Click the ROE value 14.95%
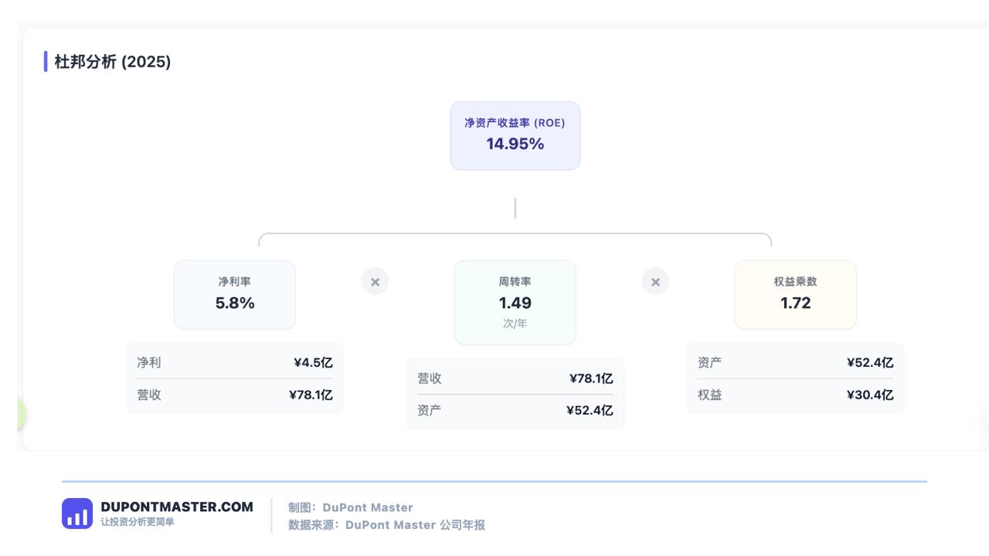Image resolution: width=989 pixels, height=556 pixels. coord(515,144)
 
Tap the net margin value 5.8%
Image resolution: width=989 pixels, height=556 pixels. coord(234,303)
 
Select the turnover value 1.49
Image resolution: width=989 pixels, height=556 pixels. coord(515,303)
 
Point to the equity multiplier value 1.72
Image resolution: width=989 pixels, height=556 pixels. coord(795,303)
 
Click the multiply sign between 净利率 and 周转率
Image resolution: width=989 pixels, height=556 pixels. coord(375,282)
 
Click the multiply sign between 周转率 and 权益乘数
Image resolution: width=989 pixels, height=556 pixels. coord(655,282)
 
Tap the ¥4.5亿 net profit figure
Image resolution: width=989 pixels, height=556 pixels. coord(313,363)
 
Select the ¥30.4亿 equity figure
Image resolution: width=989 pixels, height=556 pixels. coord(870,395)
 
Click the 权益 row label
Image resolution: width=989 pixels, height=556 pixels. coord(709,395)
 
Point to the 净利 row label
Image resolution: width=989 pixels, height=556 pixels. coord(149,363)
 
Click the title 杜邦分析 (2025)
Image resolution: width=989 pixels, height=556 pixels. coord(112,62)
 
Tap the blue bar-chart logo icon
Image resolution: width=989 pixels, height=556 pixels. coord(77,514)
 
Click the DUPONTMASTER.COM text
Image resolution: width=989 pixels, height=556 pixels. coord(177,507)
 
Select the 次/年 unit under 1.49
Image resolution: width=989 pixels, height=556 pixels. coord(515,324)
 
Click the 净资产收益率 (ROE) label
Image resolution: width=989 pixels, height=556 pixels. coord(515,123)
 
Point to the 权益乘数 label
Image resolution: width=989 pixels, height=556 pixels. coord(795,282)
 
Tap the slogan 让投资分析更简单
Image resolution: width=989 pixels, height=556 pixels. coord(138,522)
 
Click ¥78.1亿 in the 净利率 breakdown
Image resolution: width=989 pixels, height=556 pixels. coord(311,395)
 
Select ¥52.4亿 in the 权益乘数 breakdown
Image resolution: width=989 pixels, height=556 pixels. coord(870,363)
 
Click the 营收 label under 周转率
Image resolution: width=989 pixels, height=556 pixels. coord(429,378)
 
